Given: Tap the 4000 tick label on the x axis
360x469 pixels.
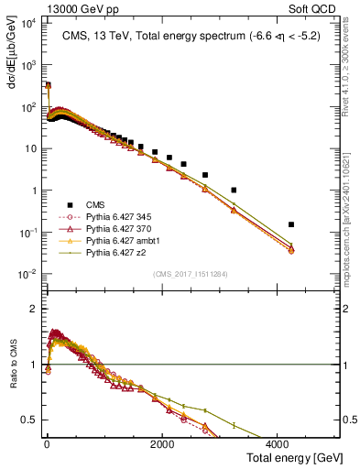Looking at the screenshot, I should [279, 442].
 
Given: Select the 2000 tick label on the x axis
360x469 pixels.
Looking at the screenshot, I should [162, 442].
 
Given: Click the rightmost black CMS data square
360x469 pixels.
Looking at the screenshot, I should [290, 224].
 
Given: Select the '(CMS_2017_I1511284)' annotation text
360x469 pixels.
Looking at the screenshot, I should [191, 272].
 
